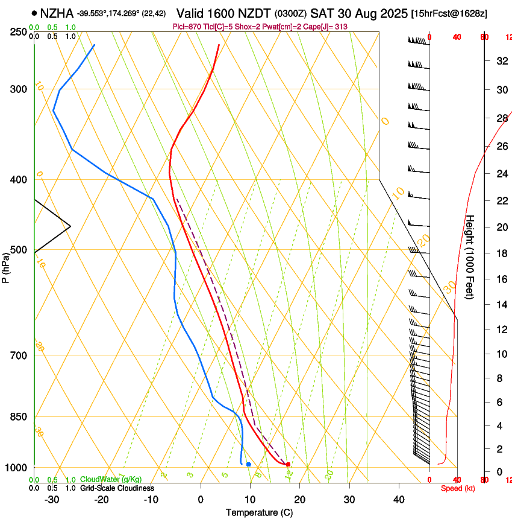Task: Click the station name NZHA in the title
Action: pos(57,13)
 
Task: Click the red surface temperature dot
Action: pos(288,464)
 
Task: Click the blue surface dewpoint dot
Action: pos(248,464)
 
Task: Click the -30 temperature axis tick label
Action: pos(52,500)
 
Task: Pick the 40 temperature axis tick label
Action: pos(398,500)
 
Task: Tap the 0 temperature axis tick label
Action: pos(201,500)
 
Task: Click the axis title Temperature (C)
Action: pos(259,512)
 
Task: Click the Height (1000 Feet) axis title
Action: pos(470,256)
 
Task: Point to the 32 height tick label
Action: pos(501,61)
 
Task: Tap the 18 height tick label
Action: pos(501,253)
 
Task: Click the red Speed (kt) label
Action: pos(458,488)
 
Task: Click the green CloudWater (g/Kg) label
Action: pos(111,480)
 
